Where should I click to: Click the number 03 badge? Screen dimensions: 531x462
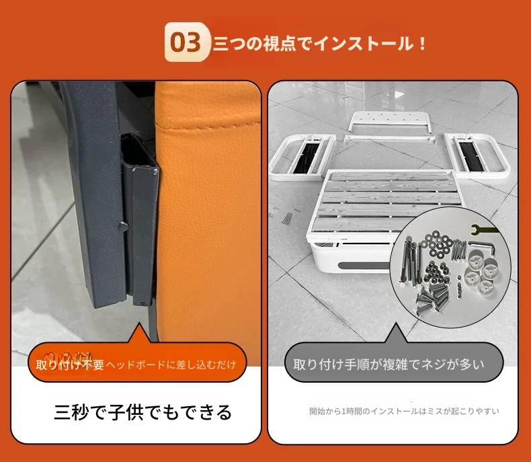[x=187, y=42]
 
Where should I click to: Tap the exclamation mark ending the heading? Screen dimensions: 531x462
[x=422, y=43]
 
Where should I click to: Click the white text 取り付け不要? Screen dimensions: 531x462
[x=70, y=364]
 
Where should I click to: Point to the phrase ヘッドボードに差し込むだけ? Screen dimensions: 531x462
[x=171, y=364]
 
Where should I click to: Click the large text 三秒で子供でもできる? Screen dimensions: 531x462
[x=143, y=412]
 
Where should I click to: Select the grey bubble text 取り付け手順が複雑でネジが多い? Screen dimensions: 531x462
[x=389, y=364]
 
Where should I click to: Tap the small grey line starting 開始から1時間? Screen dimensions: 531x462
[x=404, y=411]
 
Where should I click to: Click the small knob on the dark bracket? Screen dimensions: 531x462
[x=122, y=226]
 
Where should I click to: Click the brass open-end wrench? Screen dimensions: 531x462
[x=483, y=229]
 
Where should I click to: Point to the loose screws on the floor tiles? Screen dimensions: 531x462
[x=286, y=218]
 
